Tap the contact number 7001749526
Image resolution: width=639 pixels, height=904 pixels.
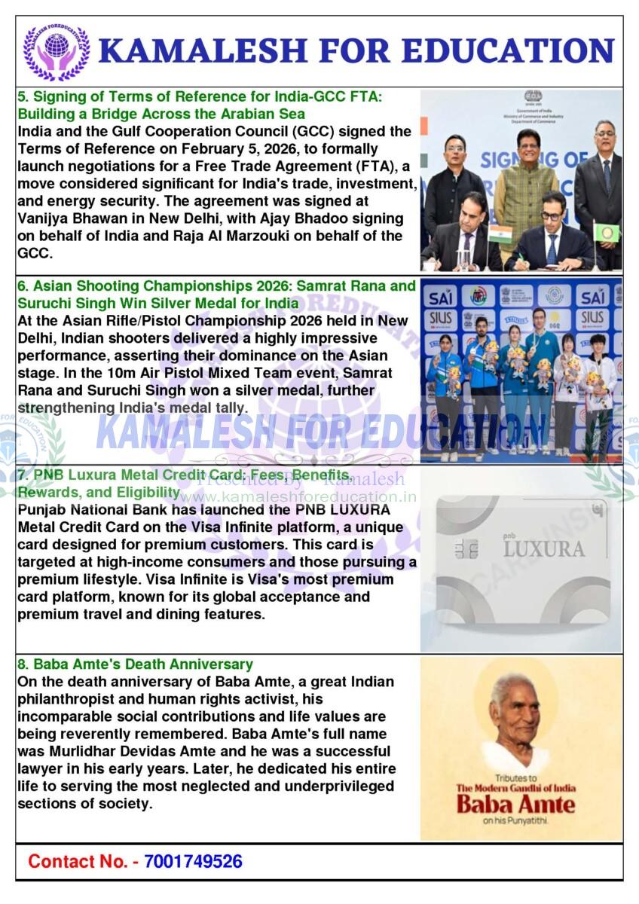193,861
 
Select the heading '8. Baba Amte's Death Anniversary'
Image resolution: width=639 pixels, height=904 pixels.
135,664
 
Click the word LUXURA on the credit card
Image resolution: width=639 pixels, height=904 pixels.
543,548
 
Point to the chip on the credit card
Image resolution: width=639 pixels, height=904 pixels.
466,548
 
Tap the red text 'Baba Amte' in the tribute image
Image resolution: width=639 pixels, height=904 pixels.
515,803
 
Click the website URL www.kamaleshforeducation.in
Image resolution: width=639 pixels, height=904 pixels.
298,497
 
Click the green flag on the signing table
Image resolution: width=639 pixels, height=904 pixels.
607,232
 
